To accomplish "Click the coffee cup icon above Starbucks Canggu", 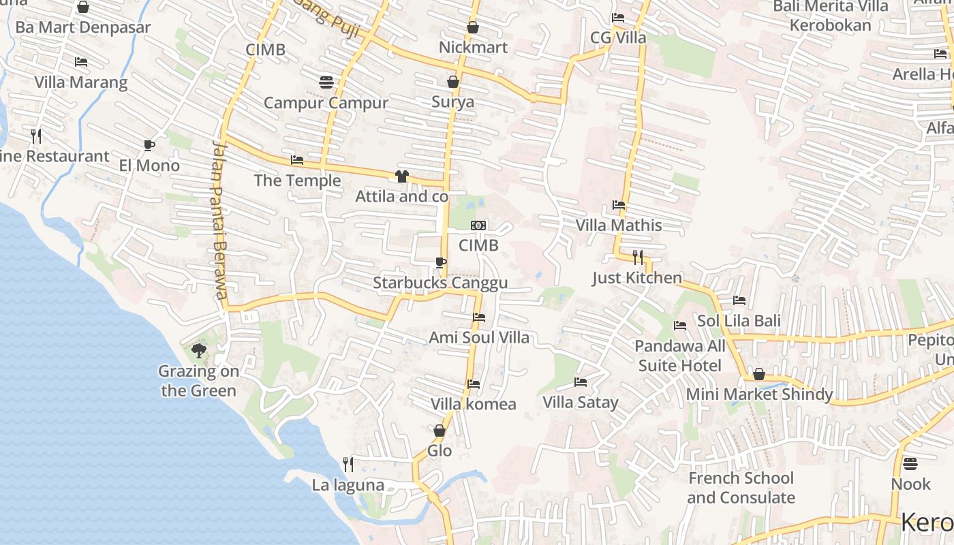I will coord(440,262).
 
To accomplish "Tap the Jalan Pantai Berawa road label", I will coord(218,220).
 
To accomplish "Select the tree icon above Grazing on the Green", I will coord(198,351).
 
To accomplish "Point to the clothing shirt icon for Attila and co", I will coord(401,176).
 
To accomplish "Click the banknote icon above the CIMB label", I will coord(478,225).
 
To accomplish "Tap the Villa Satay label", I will coord(580,403).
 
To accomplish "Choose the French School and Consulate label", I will coord(740,488).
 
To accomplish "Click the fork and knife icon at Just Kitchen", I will coord(637,257).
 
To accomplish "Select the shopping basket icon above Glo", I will coord(440,431).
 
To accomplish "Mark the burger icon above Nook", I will coord(910,464).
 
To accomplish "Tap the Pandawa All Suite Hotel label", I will coord(680,356).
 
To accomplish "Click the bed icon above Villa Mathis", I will coord(619,204).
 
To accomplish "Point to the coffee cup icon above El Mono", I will coord(149,145).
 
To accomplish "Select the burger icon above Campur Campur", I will coord(326,82).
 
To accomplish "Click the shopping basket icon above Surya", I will coord(452,82).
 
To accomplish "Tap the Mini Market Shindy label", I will coord(759,394).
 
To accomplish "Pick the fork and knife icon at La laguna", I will coord(348,465).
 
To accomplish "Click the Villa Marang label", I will coord(80,82).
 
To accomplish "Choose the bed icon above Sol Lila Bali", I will coord(739,300).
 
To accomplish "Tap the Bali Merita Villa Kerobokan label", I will coord(830,16).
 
